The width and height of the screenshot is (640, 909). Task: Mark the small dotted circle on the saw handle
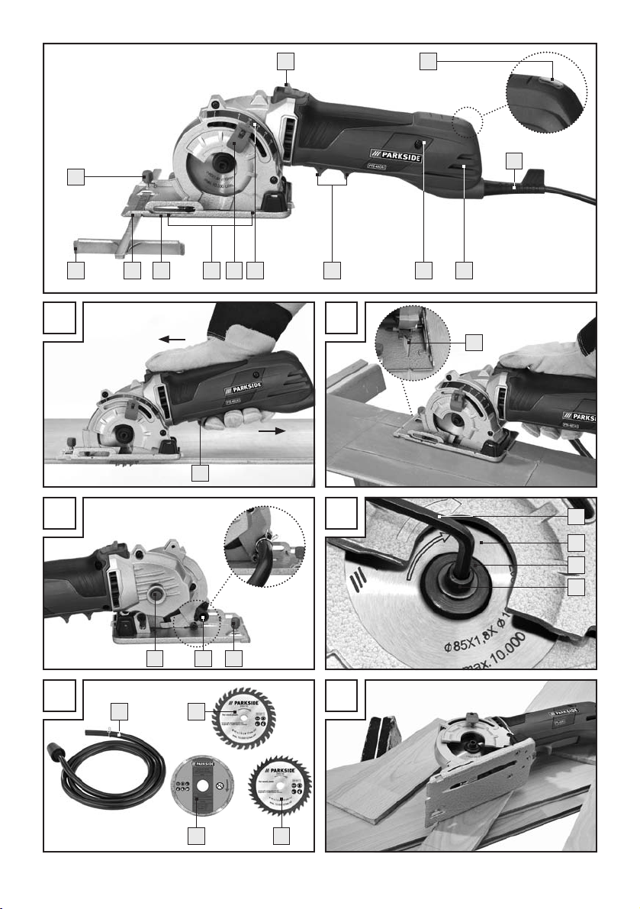tap(467, 121)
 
